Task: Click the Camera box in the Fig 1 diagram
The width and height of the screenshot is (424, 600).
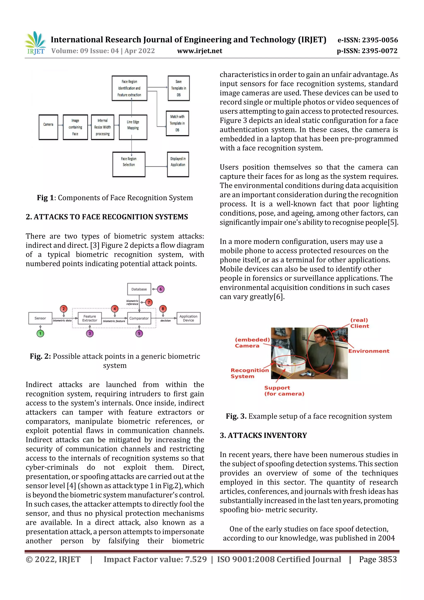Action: tap(48, 127)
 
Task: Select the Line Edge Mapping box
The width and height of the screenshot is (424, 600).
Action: tap(133, 127)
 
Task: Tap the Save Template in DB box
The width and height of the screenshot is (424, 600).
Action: tap(178, 88)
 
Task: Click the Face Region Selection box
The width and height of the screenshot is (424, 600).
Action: tap(129, 164)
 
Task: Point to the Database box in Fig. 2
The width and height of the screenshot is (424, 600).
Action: tap(139, 289)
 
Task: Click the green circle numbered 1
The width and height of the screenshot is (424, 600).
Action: tap(40, 333)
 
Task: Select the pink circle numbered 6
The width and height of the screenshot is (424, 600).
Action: tap(161, 289)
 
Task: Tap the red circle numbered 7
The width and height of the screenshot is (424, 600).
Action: tap(149, 302)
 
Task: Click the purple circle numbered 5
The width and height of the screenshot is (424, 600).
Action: tap(139, 333)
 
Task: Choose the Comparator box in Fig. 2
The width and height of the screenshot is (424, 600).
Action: tap(139, 318)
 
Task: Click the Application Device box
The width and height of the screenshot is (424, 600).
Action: tap(188, 318)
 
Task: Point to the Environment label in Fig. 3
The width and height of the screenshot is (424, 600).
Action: tap(369, 351)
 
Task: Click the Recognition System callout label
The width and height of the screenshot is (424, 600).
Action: tap(249, 373)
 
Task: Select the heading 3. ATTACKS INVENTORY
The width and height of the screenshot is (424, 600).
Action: tap(263, 435)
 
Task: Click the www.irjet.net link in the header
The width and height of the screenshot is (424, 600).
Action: tap(200, 51)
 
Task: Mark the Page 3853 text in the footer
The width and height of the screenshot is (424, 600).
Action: tap(378, 559)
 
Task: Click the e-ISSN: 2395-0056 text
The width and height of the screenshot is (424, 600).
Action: tap(367, 40)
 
